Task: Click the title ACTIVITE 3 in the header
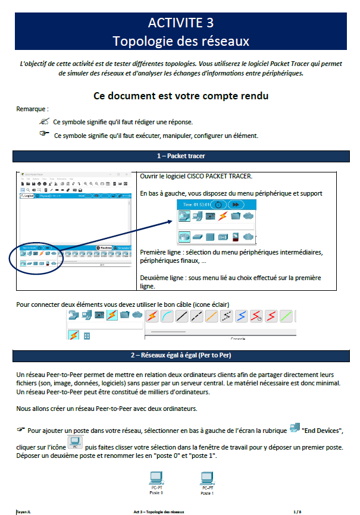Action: click(x=180, y=23)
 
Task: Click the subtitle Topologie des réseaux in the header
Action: click(x=180, y=41)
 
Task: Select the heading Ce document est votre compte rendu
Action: click(x=181, y=96)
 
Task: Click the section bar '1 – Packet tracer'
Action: click(x=180, y=156)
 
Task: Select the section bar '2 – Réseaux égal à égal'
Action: click(x=180, y=355)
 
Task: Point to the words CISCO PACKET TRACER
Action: click(x=224, y=177)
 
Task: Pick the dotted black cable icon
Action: click(x=226, y=315)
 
